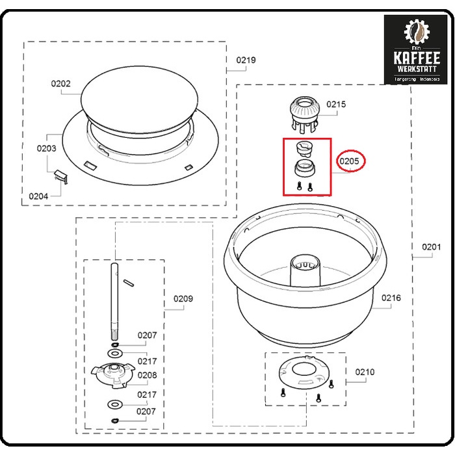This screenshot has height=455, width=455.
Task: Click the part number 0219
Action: point(246,60)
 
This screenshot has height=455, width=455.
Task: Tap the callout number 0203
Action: point(46,148)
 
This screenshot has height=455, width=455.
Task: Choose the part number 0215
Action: point(336,104)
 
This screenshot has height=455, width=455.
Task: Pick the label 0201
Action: point(431,247)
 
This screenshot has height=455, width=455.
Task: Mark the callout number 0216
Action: point(391,298)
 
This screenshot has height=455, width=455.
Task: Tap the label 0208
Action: point(147,375)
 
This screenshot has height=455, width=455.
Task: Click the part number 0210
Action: point(365,372)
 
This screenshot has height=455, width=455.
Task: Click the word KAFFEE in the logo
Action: point(417,57)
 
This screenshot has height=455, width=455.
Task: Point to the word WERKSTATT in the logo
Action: point(417,69)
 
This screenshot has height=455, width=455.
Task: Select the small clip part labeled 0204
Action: point(60,174)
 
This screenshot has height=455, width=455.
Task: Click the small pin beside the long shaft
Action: point(128,281)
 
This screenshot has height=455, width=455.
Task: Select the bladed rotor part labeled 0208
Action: point(112,374)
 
